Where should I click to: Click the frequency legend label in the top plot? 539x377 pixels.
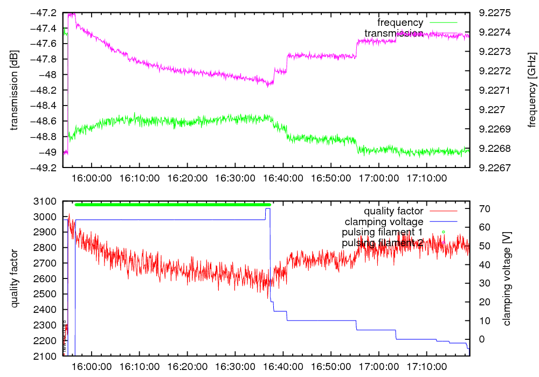click(x=400, y=23)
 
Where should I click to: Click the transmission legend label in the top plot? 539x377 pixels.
click(x=393, y=33)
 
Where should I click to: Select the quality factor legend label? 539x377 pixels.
click(x=393, y=211)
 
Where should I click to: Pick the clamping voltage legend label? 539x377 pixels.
click(x=384, y=221)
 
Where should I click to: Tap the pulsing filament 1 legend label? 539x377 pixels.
click(x=382, y=232)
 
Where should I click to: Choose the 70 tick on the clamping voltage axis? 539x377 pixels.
click(x=483, y=208)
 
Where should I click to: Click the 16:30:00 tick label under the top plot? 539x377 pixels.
click(x=234, y=177)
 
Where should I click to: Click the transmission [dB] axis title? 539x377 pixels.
click(x=15, y=90)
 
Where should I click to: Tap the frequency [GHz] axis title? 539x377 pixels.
click(x=532, y=90)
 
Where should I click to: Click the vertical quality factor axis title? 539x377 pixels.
click(x=15, y=279)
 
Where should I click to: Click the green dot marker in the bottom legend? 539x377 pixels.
click(x=443, y=232)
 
